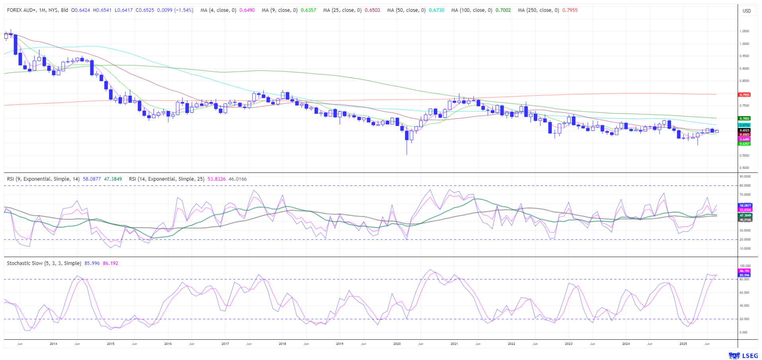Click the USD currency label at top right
click(x=746, y=11)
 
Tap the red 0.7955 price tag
click(x=744, y=95)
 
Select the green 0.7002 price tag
click(x=744, y=119)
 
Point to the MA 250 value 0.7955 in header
click(x=570, y=10)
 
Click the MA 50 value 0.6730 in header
click(x=436, y=10)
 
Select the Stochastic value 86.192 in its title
click(x=110, y=263)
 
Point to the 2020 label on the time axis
click(x=397, y=344)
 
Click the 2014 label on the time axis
click(x=53, y=344)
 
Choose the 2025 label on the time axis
click(x=683, y=344)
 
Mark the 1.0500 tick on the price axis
click(x=744, y=31)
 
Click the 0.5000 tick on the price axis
click(x=744, y=168)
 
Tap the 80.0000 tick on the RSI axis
click(x=745, y=185)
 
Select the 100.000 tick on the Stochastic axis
click(x=745, y=266)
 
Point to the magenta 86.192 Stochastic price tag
click(x=744, y=271)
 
